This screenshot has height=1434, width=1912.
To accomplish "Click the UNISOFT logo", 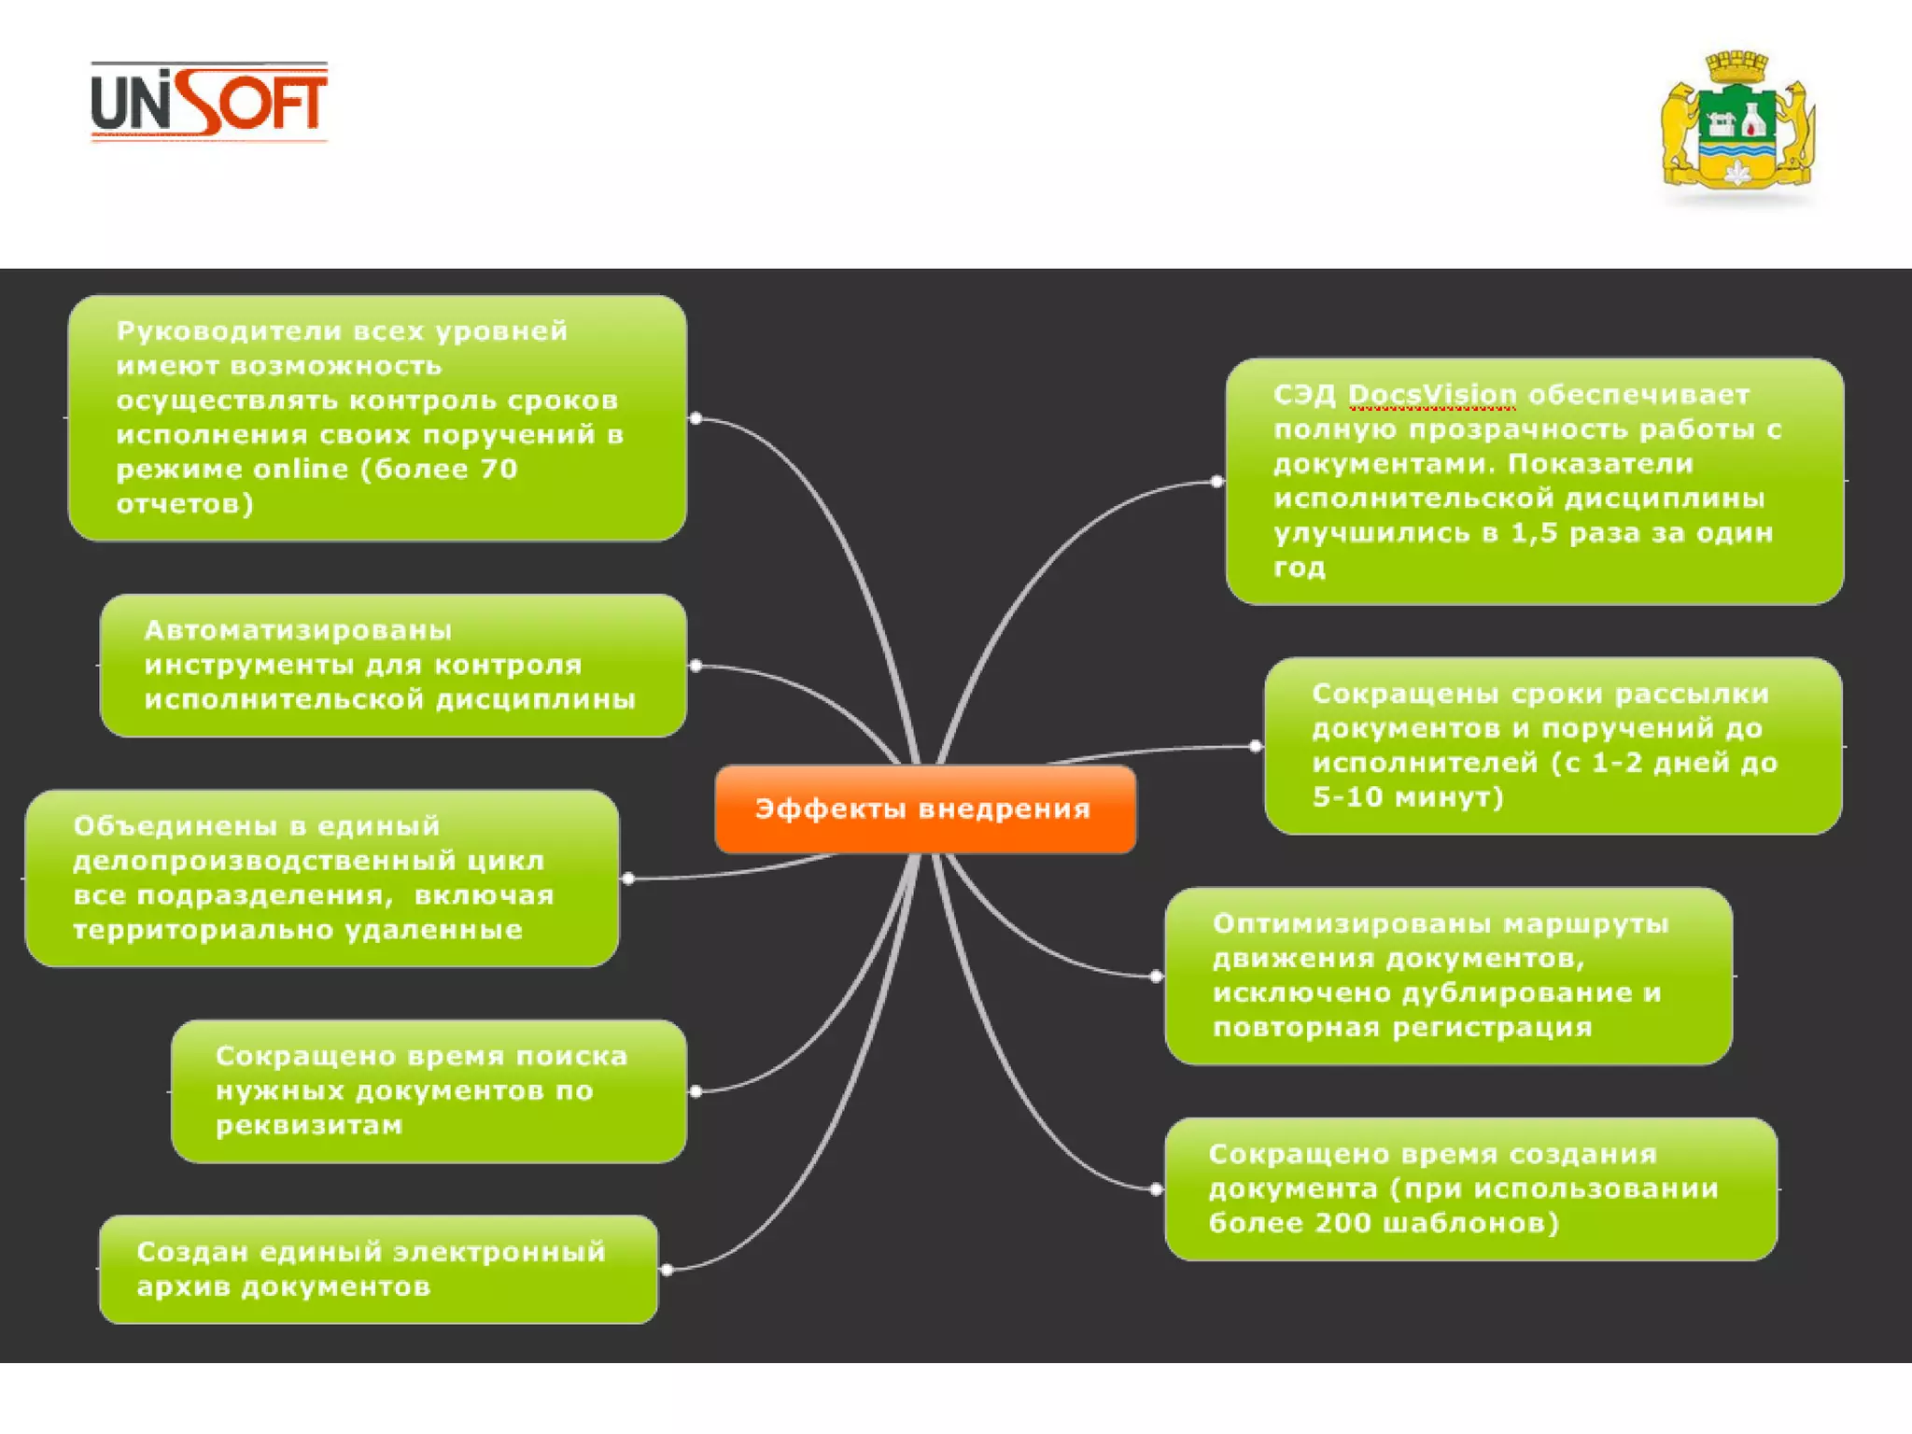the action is pos(209,101).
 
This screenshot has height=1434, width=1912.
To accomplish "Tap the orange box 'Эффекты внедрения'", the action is pos(924,808).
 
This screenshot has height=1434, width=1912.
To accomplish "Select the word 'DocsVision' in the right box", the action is pos(1432,395).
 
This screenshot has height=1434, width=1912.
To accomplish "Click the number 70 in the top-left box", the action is pos(499,469).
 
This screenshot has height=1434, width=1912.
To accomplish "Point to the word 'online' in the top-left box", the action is pos(301,469).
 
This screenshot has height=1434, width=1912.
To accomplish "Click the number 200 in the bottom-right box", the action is pos(1343,1223).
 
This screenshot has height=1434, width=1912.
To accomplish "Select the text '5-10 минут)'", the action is pos(1408,797).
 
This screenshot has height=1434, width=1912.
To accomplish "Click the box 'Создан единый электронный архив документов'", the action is pos(378,1269).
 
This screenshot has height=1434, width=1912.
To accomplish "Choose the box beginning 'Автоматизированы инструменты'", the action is pos(392,665).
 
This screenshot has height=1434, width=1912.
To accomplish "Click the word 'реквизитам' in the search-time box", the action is pos(309,1125).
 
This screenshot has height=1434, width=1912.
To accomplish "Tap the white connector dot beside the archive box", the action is pos(667,1270).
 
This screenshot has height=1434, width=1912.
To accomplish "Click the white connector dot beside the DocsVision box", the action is pos(1216,482).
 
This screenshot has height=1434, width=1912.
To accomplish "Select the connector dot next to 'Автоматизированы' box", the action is pos(696,666).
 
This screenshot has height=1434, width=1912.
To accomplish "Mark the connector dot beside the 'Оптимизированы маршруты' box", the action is pos(1156,977).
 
